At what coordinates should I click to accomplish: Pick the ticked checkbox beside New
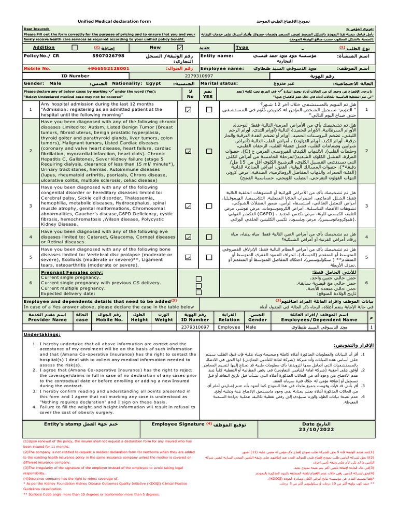click(x=180, y=47)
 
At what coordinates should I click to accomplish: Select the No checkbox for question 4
click(x=188, y=237)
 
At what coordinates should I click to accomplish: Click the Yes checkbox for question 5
click(x=209, y=257)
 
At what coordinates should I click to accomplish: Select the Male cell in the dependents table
click(x=251, y=327)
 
